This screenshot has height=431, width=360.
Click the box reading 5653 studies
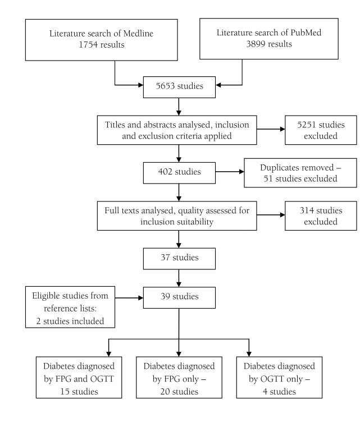click(x=179, y=87)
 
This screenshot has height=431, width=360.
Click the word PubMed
click(x=306, y=33)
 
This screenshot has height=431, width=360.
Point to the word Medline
click(x=138, y=34)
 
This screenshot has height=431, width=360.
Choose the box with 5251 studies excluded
click(x=321, y=130)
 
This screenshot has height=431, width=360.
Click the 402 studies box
click(x=179, y=173)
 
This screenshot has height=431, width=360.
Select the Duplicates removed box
click(x=300, y=173)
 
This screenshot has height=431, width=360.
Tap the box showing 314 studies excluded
click(x=321, y=215)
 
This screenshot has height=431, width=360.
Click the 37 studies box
click(x=179, y=259)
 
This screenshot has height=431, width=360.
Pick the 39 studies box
click(x=179, y=297)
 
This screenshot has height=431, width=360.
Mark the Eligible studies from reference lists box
click(x=70, y=307)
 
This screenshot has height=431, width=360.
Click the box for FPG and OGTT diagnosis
click(x=79, y=377)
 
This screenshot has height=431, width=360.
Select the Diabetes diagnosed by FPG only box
click(x=179, y=377)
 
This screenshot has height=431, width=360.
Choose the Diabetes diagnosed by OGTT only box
click(x=279, y=377)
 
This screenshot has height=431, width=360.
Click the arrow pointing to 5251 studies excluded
click(x=271, y=129)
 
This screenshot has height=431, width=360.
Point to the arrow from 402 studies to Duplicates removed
click(x=230, y=172)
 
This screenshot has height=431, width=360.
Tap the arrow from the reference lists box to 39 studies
click(x=129, y=297)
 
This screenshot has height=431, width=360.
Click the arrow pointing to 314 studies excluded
click(x=271, y=215)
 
